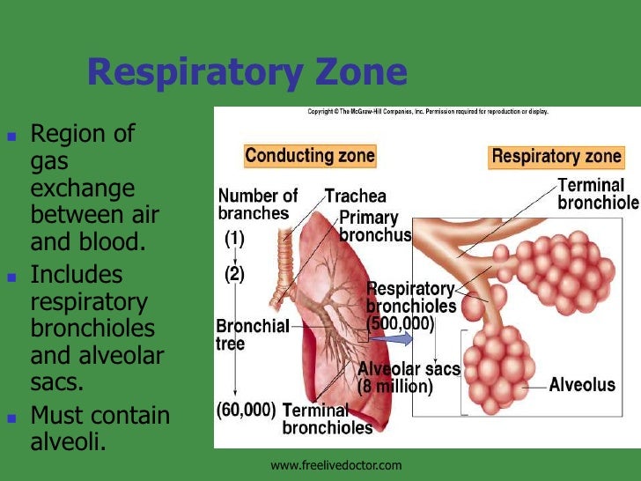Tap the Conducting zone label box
[310, 157]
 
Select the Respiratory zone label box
[556, 157]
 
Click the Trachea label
[355, 196]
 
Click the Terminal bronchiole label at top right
[598, 194]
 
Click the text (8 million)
[395, 387]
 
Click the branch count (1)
[234, 238]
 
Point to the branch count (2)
[233, 274]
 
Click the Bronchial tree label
[253, 335]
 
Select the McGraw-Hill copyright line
[427, 112]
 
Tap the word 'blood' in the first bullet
[119, 242]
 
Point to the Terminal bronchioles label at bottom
[327, 419]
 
